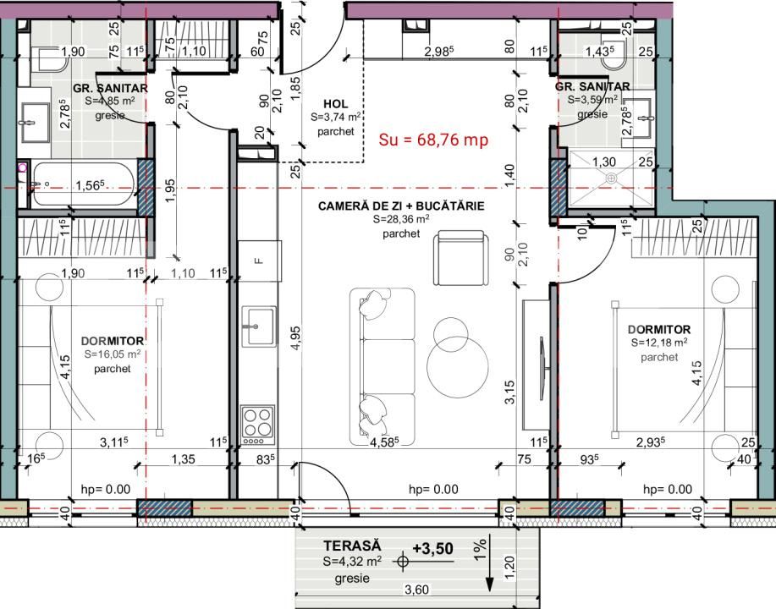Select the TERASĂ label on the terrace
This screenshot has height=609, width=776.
(353, 548)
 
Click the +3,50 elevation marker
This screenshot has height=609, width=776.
(432, 549)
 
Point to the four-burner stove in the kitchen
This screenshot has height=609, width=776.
(257, 425)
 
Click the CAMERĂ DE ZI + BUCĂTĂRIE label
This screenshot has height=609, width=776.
(401, 206)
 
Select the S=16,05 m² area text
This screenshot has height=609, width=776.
(113, 355)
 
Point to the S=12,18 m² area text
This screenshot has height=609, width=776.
(658, 343)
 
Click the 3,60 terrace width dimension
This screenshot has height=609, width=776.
(415, 591)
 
